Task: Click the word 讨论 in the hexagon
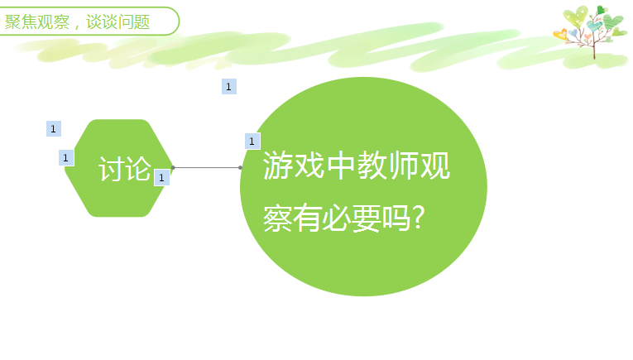coord(125,169)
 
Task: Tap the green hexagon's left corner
coord(65,168)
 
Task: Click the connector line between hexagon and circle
coord(207,167)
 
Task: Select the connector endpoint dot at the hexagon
coord(173,167)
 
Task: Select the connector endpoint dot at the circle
coord(241,167)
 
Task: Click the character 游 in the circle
coord(279,165)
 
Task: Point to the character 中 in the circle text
coord(341,165)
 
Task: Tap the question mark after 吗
coord(419,218)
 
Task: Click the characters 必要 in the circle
coord(352,218)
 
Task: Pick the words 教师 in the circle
coord(387,165)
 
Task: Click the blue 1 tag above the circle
coord(229,86)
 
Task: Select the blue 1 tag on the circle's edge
coord(252,142)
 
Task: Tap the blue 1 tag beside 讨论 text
coord(161,178)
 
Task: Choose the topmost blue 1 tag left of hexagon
coord(54,129)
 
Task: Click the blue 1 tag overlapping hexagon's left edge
coord(66,158)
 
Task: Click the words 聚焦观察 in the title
coord(37,22)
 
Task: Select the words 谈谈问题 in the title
coord(117,22)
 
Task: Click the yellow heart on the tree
coord(560,34)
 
